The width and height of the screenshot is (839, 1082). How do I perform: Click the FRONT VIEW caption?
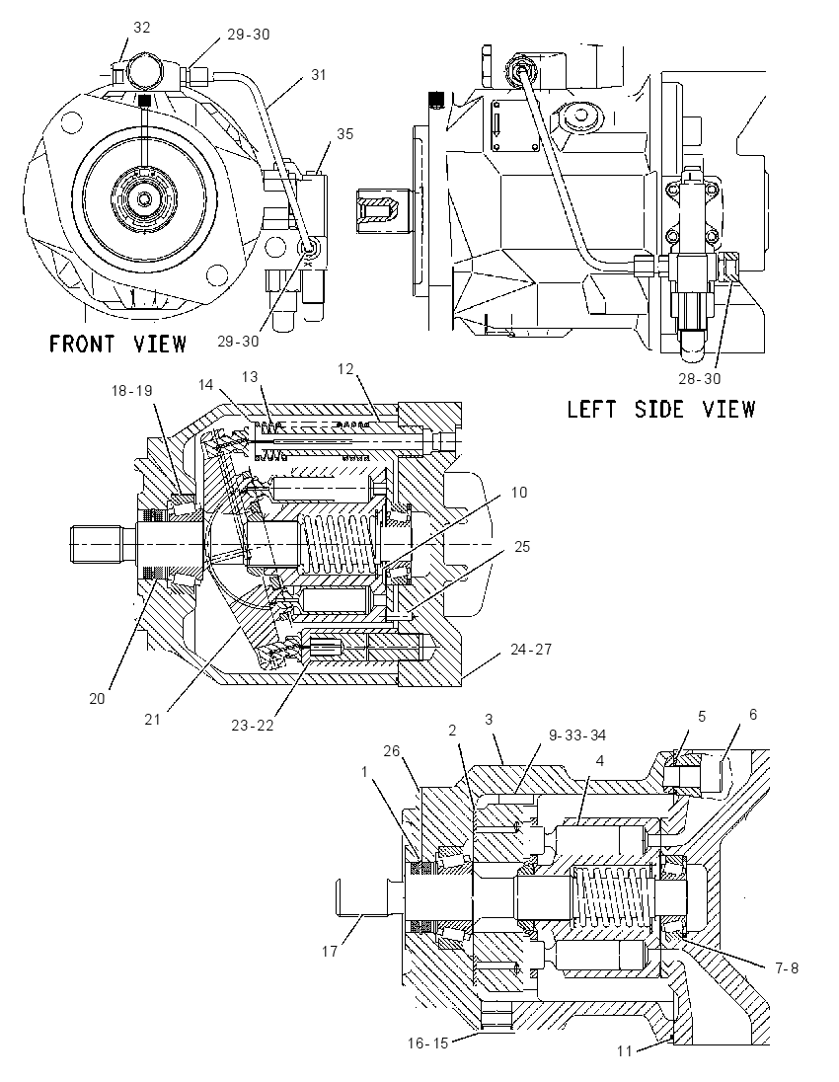point(118,343)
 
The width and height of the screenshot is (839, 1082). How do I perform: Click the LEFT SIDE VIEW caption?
point(661,409)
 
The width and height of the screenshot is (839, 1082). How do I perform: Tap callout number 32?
point(141,27)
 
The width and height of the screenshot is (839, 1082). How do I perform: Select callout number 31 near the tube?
point(318,74)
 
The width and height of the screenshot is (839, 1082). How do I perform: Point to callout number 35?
point(344,133)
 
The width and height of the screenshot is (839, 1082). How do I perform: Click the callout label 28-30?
point(700,378)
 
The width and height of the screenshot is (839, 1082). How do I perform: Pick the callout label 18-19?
point(132,390)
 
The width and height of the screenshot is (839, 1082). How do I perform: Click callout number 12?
point(345,369)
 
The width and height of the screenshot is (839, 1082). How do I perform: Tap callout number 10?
point(519,492)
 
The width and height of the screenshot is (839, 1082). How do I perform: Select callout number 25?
point(522,547)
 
